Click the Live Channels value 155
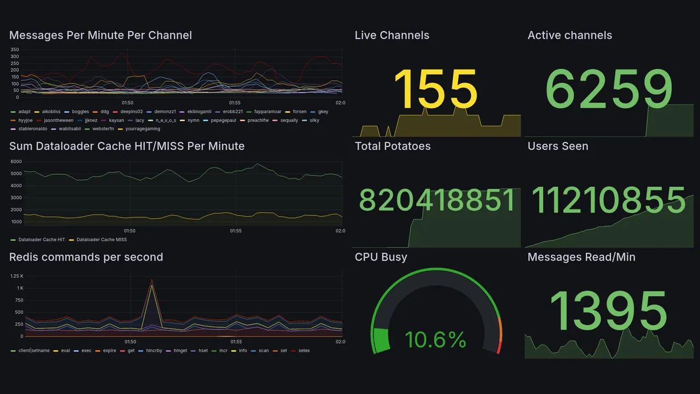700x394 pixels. (x=435, y=89)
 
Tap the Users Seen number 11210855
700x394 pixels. (x=609, y=200)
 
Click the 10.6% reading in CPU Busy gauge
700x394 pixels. (x=435, y=340)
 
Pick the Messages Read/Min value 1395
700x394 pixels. (x=608, y=311)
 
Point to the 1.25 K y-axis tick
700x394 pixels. (x=16, y=276)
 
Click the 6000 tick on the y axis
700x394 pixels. (x=16, y=161)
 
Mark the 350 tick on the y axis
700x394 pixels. (x=14, y=49)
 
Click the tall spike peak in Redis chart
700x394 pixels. (x=151, y=280)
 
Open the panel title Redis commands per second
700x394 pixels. (x=86, y=257)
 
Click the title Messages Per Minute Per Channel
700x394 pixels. (x=101, y=36)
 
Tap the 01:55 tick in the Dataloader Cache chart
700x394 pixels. (x=235, y=231)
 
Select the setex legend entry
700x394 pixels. (x=304, y=350)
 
